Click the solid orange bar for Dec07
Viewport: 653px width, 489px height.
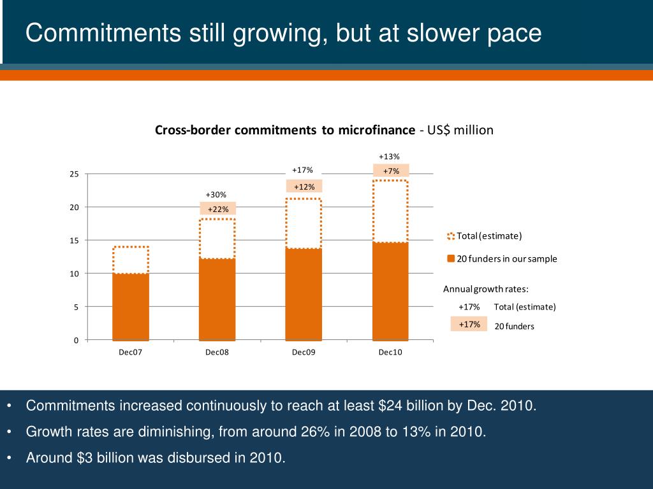click(130, 307)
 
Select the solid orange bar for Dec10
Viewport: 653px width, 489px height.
click(390, 291)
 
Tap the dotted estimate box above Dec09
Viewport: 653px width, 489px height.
click(304, 223)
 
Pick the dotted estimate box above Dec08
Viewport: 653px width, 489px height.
click(217, 239)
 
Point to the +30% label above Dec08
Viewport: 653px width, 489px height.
click(216, 194)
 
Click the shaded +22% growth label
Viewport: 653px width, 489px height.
click(218, 209)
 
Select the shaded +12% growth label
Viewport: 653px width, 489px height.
click(304, 186)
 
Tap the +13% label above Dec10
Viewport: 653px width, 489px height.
click(389, 157)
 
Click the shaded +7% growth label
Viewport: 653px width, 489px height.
click(391, 171)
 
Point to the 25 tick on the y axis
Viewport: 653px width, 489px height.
click(74, 174)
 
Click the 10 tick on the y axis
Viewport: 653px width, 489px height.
click(74, 274)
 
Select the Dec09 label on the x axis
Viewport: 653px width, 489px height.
click(304, 353)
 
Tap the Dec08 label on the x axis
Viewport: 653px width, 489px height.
click(217, 353)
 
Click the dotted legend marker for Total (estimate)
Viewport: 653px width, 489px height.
click(451, 236)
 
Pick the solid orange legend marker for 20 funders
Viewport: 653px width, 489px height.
click(451, 259)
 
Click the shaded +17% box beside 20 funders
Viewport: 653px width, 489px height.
click(469, 324)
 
